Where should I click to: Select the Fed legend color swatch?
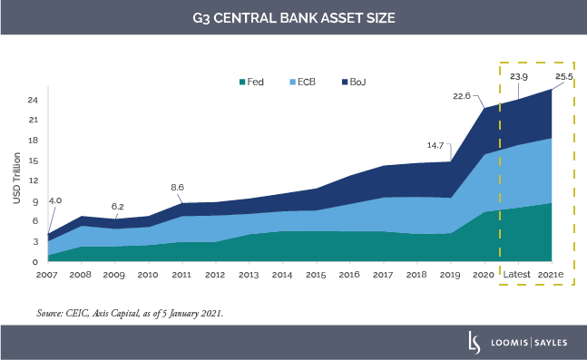coord(242,82)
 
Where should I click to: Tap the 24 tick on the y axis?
coord(34,101)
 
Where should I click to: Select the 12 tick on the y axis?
coord(34,180)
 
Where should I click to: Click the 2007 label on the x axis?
coord(48,273)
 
